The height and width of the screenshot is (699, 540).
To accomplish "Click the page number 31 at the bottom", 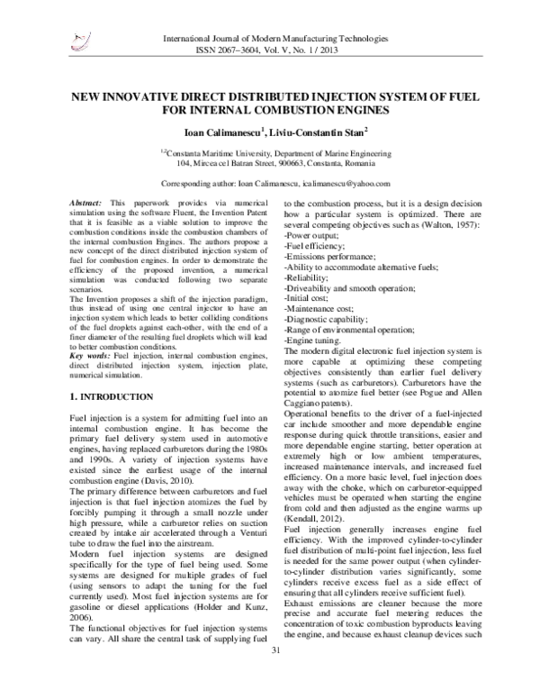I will pos(275,676).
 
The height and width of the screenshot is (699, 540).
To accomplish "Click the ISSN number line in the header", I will pos(274,51).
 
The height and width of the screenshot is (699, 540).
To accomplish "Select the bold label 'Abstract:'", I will pos(86,205).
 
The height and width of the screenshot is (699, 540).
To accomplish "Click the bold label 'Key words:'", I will pos(89,332).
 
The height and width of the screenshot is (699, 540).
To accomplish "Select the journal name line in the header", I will pos(274,40).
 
